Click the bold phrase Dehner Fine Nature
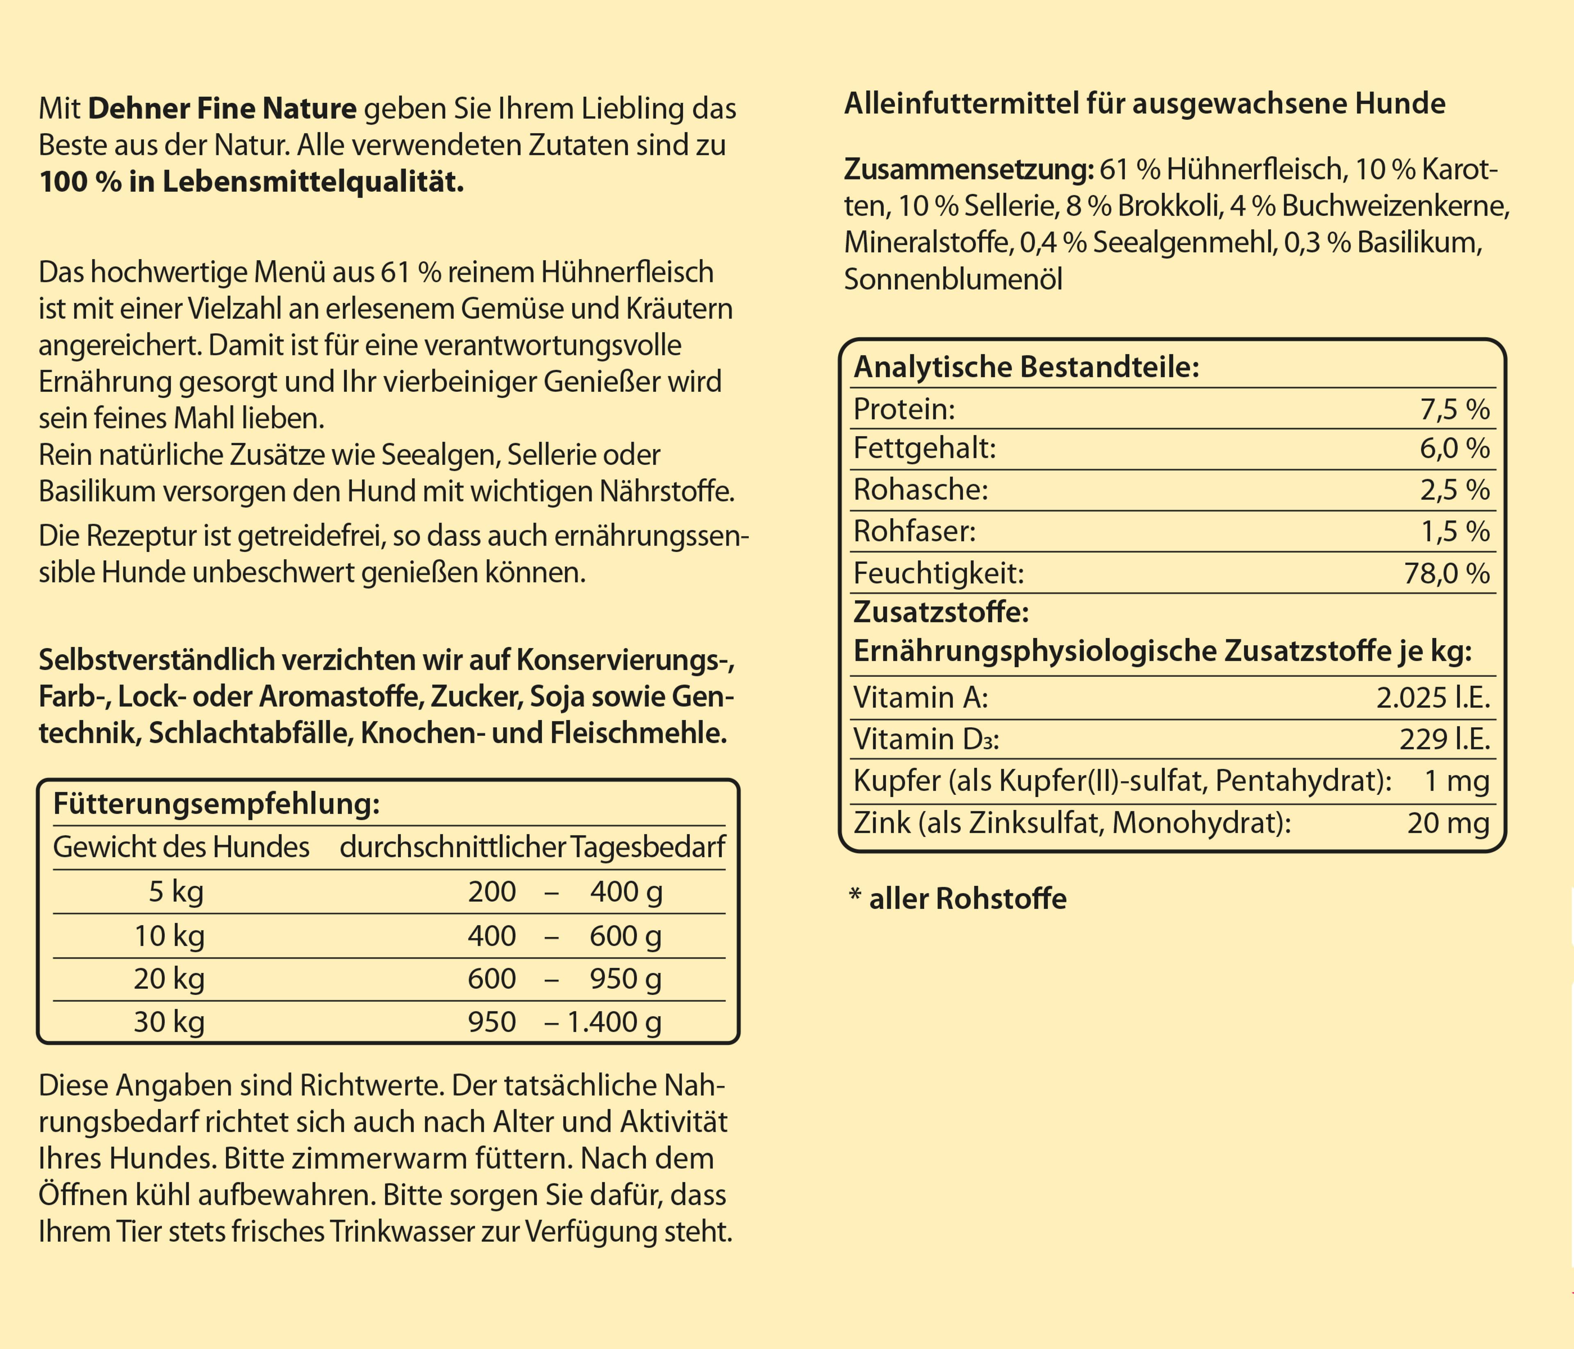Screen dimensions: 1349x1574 (222, 109)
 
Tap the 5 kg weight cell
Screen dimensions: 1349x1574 (176, 891)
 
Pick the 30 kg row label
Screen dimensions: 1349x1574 (168, 1021)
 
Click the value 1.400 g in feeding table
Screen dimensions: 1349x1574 (614, 1021)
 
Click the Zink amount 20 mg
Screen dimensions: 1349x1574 (1447, 823)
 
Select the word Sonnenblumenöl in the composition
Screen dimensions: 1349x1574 (953, 280)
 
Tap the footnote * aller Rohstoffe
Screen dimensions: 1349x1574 (957, 899)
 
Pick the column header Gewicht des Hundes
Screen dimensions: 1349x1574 (181, 847)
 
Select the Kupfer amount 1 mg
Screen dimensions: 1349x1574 (1456, 781)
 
